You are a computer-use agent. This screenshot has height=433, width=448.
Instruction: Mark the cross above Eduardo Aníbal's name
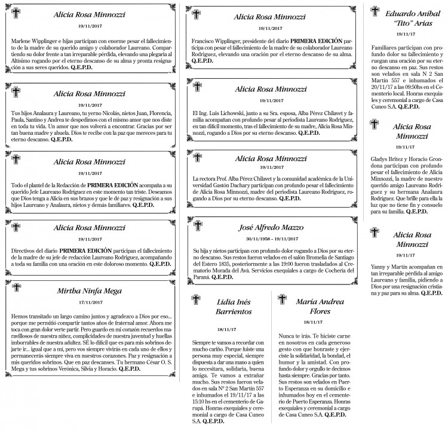click(x=375, y=11)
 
